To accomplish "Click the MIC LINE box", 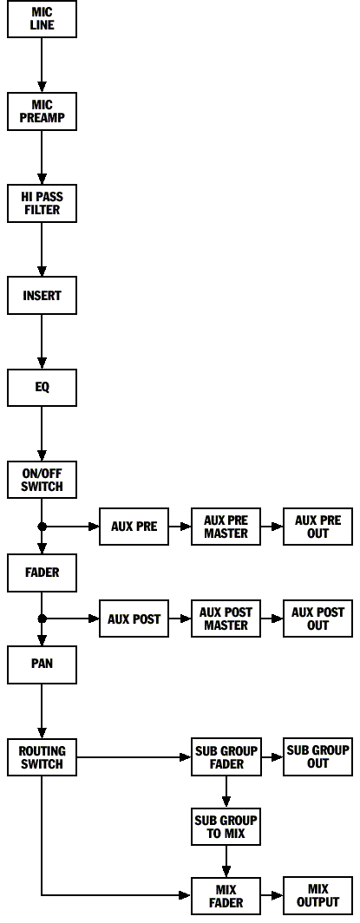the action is click(42, 19).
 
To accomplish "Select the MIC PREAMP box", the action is click(42, 111).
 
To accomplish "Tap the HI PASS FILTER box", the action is click(42, 204).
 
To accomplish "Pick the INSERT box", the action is click(42, 296).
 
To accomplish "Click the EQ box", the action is click(42, 388).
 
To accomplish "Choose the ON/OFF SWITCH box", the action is click(42, 481).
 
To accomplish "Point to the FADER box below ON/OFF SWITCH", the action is click(42, 573).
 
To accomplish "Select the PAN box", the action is click(42, 664).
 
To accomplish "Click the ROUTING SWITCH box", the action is click(42, 757).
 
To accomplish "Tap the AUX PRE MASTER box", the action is click(226, 527).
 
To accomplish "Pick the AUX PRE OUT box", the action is click(318, 527).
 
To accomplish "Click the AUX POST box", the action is click(134, 619).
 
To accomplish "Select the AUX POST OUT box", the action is click(318, 619).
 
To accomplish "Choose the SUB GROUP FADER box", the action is click(226, 757).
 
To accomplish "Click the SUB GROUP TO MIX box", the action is click(226, 827).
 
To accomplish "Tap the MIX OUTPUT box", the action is click(318, 895).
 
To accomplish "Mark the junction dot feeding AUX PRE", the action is click(42, 527).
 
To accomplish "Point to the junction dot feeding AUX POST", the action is click(42, 619).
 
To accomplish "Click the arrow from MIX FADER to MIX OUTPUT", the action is click(272, 895).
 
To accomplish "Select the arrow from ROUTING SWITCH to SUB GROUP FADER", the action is click(134, 757).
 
